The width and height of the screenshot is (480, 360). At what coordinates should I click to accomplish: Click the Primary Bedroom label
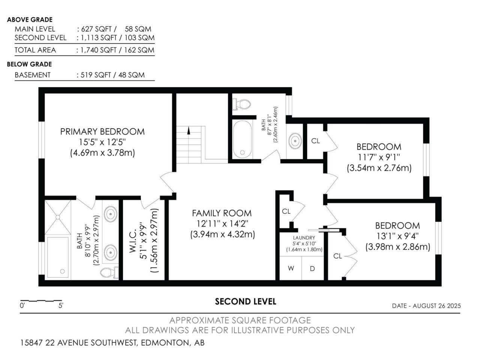(x=102, y=132)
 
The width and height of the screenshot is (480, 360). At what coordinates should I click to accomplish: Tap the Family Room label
(x=222, y=213)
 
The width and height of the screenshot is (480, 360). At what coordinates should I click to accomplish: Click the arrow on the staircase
(x=188, y=131)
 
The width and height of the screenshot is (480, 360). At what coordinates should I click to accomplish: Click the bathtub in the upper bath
(x=242, y=139)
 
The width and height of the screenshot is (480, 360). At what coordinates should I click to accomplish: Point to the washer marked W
(x=291, y=268)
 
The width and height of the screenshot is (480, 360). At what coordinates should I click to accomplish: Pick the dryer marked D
(x=312, y=268)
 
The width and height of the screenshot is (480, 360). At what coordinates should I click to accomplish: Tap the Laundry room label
(x=304, y=238)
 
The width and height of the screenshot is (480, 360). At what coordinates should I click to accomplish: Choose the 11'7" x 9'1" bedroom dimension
(x=379, y=157)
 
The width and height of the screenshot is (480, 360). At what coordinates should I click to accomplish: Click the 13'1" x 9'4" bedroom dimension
(x=397, y=236)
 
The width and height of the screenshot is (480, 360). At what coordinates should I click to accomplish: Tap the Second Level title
(x=246, y=301)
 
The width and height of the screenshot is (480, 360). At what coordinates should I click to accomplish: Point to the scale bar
(x=41, y=301)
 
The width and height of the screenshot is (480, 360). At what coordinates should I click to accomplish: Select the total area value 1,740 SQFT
(x=98, y=50)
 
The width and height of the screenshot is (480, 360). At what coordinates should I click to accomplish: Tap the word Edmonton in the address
(x=165, y=343)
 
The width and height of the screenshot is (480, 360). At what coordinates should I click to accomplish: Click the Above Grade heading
(x=30, y=19)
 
